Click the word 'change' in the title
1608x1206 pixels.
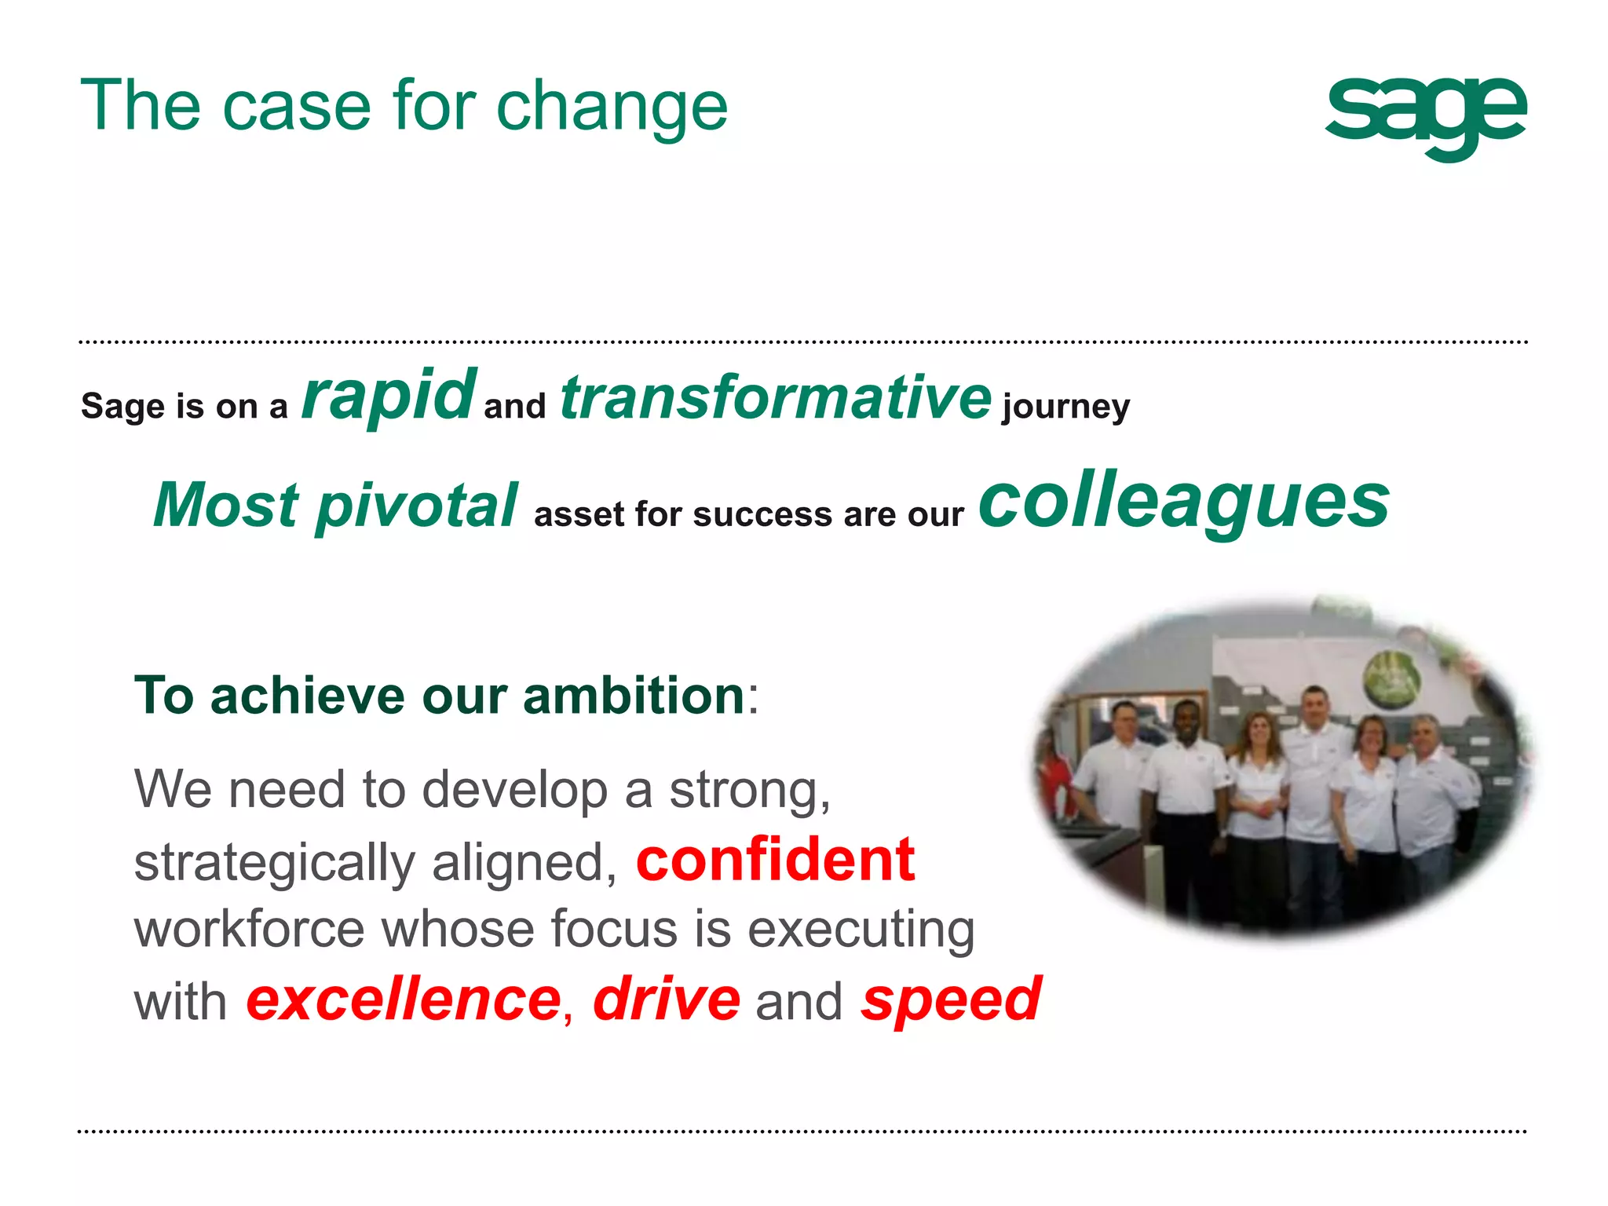[612, 106]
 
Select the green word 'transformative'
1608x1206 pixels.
[775, 397]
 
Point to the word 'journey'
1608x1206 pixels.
[1065, 407]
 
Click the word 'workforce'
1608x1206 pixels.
[249, 929]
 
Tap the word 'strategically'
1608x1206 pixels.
[274, 863]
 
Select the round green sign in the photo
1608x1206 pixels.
[1391, 676]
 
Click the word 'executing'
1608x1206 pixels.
[861, 930]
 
